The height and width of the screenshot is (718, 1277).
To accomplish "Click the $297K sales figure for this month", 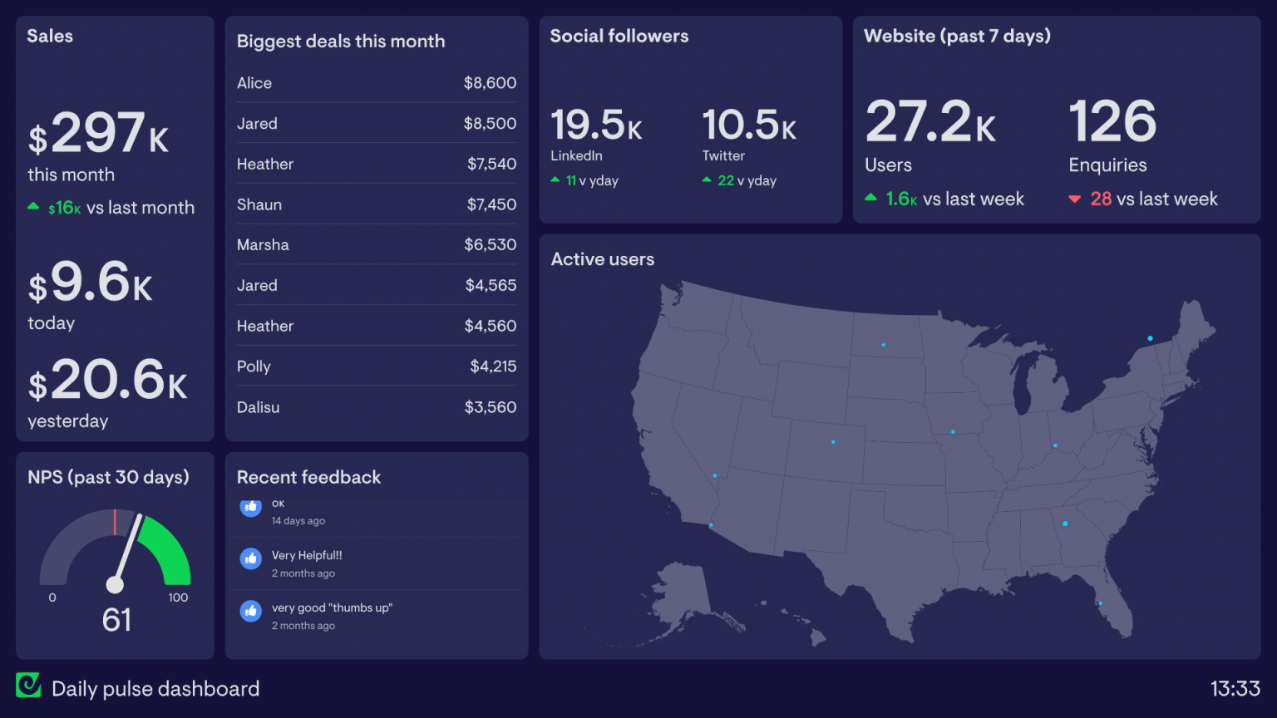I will (x=99, y=134).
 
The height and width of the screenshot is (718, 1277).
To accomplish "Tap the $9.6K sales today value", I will (x=91, y=283).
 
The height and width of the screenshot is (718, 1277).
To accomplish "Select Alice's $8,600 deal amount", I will (x=490, y=83).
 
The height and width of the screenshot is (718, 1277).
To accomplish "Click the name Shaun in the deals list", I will (x=259, y=204).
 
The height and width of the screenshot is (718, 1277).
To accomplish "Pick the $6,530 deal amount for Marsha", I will (x=490, y=245).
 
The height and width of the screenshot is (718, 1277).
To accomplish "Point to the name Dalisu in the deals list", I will (x=258, y=407).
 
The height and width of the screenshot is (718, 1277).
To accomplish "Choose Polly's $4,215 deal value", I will (x=493, y=366).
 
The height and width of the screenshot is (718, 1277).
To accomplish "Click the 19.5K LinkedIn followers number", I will (x=596, y=125).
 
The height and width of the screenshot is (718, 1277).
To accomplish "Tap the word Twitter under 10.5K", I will (x=723, y=155).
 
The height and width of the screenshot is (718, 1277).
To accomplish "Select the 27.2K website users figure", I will (x=929, y=122).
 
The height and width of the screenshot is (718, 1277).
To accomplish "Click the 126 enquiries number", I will (x=1112, y=122).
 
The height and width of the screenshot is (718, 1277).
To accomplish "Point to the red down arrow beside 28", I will (x=1074, y=199).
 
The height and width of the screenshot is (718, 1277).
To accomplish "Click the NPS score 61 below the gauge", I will (x=116, y=620).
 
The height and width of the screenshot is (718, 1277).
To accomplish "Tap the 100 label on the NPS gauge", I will (x=178, y=598).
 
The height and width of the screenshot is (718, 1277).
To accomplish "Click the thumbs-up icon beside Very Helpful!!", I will (x=251, y=558).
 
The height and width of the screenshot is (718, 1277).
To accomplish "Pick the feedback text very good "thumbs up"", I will (x=332, y=607).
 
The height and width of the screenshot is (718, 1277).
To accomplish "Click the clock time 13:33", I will (x=1235, y=689).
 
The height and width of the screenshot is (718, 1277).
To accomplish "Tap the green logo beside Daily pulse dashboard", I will (x=28, y=685).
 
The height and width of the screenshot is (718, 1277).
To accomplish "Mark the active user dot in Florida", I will (x=1100, y=603).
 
